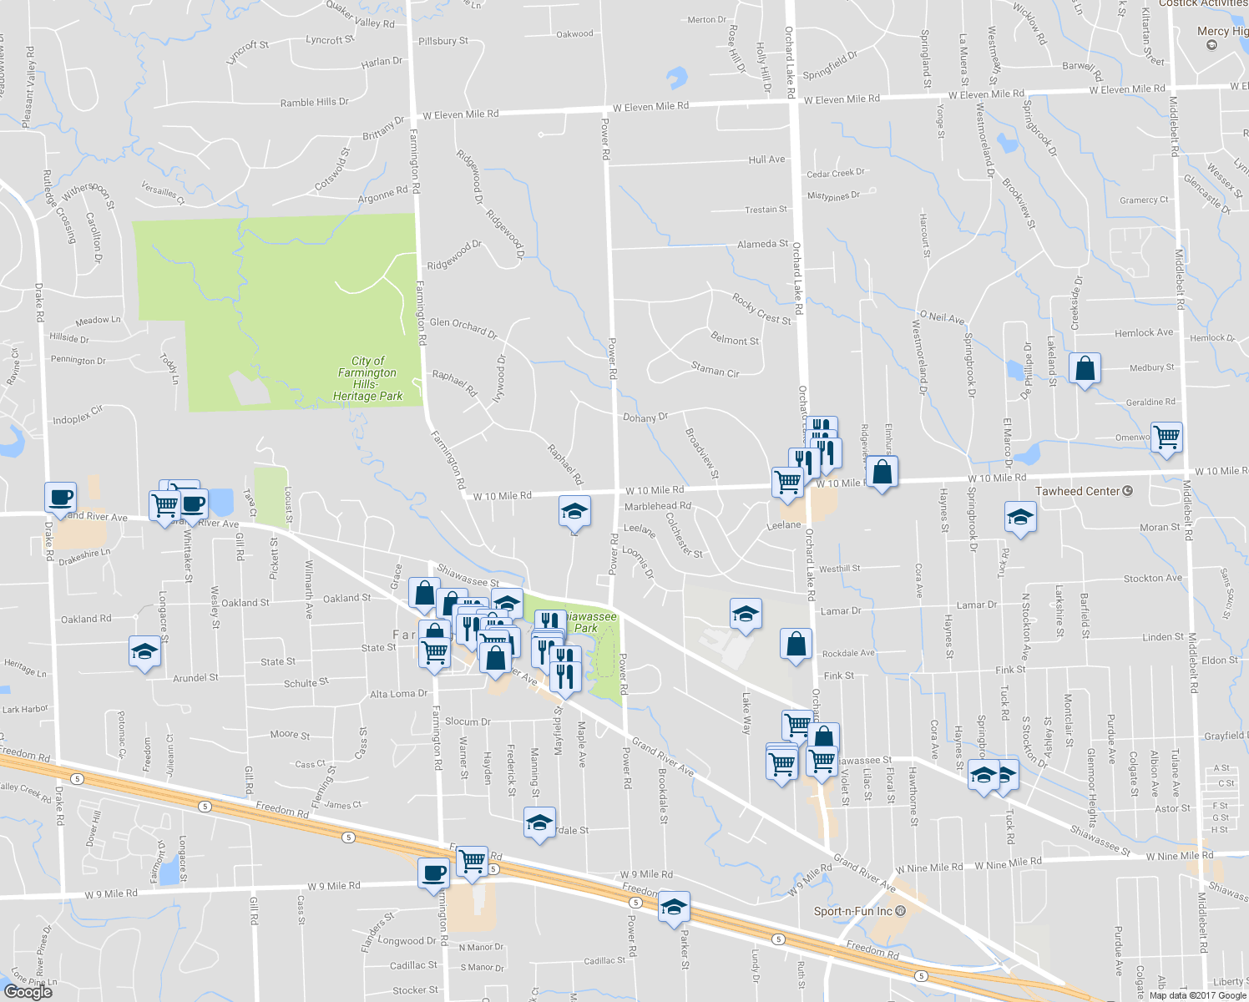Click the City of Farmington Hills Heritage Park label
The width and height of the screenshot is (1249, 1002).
(367, 378)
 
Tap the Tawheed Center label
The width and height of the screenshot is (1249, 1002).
(1077, 491)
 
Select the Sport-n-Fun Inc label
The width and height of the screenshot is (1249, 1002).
(853, 911)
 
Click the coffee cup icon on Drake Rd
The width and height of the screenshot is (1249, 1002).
(60, 497)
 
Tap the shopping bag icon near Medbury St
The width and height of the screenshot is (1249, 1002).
(1085, 367)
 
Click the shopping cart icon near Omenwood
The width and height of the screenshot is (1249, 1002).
(1166, 436)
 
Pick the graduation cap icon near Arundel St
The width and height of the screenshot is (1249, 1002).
(144, 651)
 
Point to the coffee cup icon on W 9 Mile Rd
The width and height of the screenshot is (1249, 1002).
(433, 873)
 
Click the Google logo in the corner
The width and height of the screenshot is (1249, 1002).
(28, 991)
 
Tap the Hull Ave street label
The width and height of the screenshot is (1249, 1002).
(766, 159)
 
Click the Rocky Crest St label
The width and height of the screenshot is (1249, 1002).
(761, 308)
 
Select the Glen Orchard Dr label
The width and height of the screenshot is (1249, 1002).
(463, 327)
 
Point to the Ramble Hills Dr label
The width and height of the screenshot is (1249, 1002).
(314, 103)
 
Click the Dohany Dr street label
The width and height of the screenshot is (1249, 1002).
(645, 417)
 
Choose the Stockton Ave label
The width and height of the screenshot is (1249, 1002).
(1152, 578)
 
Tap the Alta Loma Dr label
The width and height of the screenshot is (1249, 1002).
(398, 694)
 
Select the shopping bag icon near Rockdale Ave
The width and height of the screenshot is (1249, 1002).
(796, 644)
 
